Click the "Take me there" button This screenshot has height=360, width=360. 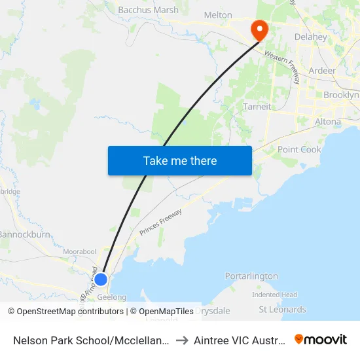[x=180, y=160]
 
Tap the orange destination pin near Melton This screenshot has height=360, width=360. [x=259, y=29]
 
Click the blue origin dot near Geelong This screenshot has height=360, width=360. [x=100, y=279]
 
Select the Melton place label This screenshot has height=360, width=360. [x=218, y=15]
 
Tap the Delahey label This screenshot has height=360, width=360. [x=311, y=37]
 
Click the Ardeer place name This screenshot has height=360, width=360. [x=322, y=71]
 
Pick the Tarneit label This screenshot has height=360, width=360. [x=257, y=107]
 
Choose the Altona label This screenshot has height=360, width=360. [x=327, y=122]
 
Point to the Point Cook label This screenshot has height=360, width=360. [x=299, y=149]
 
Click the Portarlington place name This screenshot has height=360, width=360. [x=251, y=276]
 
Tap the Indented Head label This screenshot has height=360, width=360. [x=274, y=295]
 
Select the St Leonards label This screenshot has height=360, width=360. [x=282, y=310]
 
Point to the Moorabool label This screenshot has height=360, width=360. [x=80, y=251]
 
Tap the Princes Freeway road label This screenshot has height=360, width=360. [x=160, y=222]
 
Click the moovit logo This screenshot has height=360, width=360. [x=321, y=340]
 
